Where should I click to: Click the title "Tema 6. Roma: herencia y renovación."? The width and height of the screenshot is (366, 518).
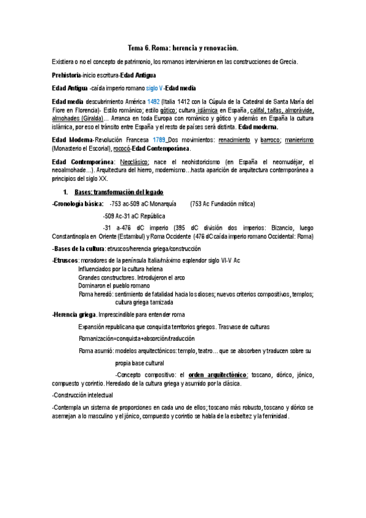[x=183, y=48]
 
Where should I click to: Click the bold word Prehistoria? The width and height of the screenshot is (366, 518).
[x=66, y=75]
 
